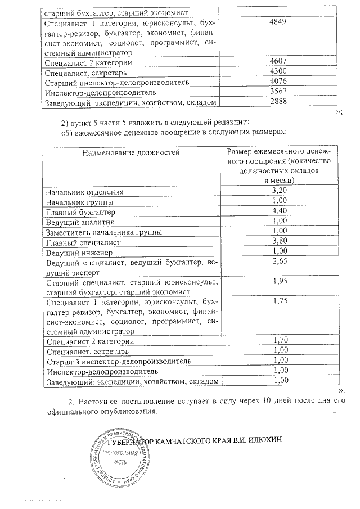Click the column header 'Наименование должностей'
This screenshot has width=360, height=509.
[130, 152]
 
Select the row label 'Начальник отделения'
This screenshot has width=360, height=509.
[84, 191]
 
